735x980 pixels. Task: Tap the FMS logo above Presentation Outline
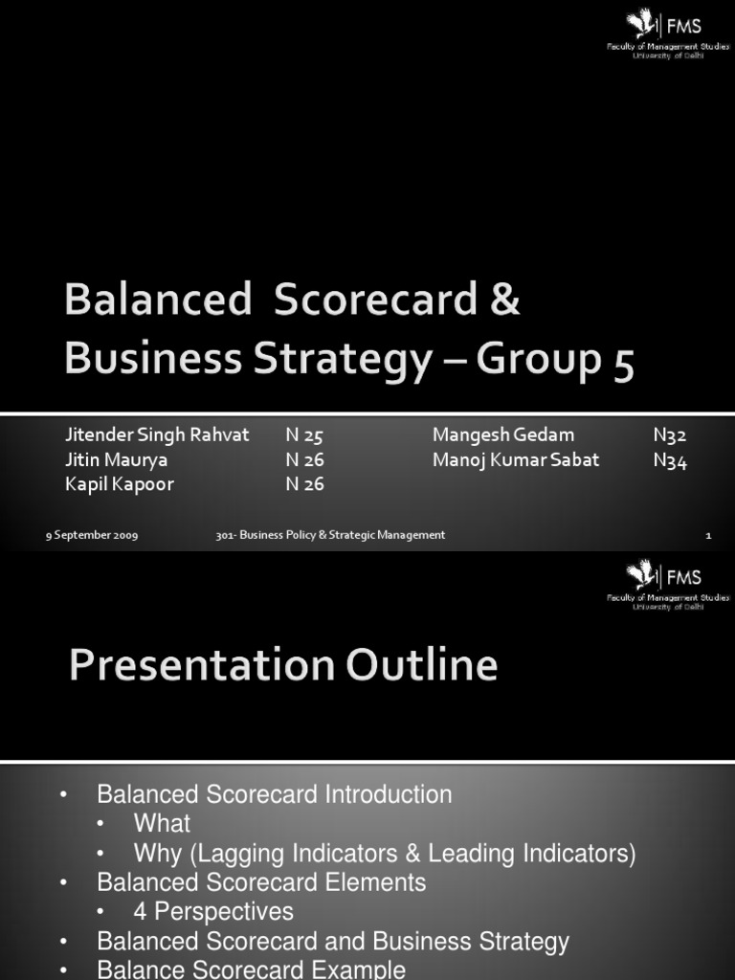tap(667, 583)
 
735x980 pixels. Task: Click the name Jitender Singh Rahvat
tap(157, 434)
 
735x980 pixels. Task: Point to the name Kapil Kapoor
tap(120, 484)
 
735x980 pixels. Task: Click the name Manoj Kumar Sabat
tap(516, 459)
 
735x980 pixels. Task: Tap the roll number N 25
tap(304, 435)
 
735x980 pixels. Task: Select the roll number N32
tap(670, 435)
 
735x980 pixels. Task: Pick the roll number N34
tap(670, 460)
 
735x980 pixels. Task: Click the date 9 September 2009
tap(92, 536)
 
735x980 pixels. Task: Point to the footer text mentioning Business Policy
tap(330, 536)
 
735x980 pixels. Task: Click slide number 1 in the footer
tap(708, 536)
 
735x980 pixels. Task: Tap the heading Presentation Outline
tap(283, 665)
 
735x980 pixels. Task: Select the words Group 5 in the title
tap(555, 362)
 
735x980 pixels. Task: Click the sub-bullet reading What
tap(162, 823)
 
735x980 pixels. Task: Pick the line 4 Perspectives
tap(213, 911)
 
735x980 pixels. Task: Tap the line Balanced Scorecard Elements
tap(261, 881)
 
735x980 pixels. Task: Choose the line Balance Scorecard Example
tap(251, 969)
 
